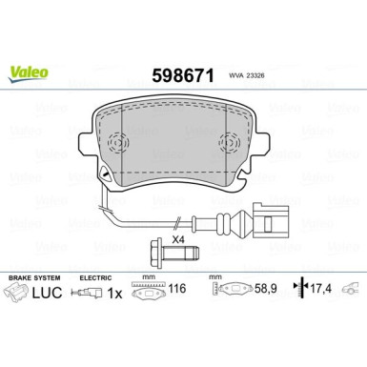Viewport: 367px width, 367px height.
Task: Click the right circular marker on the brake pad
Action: tap(230, 145)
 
